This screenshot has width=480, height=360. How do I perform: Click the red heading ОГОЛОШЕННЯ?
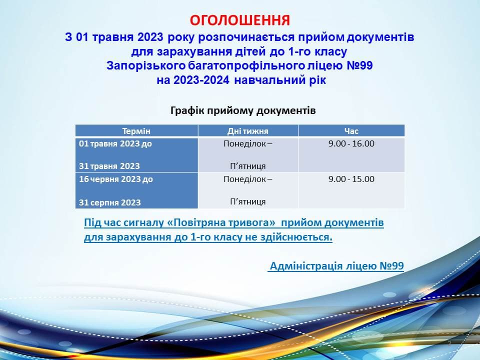[x=239, y=20]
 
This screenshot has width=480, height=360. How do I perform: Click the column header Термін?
[x=136, y=131]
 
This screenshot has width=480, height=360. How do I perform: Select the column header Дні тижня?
[x=247, y=131]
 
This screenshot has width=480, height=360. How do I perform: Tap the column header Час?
[x=351, y=131]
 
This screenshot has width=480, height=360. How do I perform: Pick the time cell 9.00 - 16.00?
[x=351, y=143]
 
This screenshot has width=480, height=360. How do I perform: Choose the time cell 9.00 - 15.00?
[x=351, y=179]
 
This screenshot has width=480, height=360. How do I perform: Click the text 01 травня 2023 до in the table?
[x=115, y=144]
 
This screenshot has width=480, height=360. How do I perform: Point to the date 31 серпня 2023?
[x=110, y=202]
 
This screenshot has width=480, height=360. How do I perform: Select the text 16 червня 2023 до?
[x=116, y=179]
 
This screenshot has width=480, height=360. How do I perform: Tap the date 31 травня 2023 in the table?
[x=109, y=166]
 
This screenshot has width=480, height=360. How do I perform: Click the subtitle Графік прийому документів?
[x=243, y=110]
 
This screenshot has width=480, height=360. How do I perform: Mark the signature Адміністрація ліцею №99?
[x=336, y=265]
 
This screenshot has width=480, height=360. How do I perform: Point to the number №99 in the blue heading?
[x=360, y=65]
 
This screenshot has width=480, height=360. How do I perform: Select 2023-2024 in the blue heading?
[x=201, y=80]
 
